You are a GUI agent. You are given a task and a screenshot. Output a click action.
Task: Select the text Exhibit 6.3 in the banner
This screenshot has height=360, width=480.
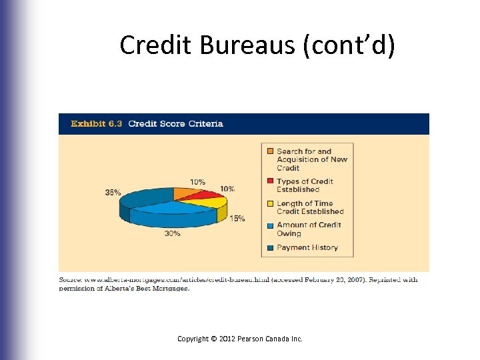[x=96, y=124]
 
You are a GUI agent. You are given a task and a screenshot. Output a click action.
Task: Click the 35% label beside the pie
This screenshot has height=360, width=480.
[x=113, y=193]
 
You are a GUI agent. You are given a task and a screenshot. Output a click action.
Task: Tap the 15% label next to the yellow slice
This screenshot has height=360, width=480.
[x=237, y=219]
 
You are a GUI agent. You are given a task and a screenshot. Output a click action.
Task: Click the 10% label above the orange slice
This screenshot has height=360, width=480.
[x=197, y=182]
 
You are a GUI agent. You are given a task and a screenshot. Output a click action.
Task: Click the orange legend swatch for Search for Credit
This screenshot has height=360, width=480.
[x=270, y=152]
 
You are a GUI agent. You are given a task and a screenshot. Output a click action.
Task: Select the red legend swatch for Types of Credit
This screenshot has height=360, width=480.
[x=270, y=181]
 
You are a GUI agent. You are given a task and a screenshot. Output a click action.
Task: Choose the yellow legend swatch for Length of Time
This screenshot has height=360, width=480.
[x=270, y=204]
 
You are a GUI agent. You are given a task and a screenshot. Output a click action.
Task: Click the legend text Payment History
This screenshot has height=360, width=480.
[x=307, y=248]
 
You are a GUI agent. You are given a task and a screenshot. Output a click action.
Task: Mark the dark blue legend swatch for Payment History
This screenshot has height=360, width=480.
[x=270, y=248]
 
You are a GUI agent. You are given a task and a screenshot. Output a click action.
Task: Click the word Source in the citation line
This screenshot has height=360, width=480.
[x=70, y=280]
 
